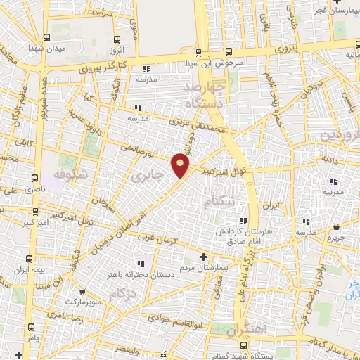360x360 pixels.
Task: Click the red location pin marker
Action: click(181, 165)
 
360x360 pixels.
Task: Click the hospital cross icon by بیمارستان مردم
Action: click(204, 256)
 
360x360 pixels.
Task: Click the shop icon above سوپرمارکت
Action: click(83, 291)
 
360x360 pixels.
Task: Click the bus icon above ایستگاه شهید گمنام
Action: click(244, 345)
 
